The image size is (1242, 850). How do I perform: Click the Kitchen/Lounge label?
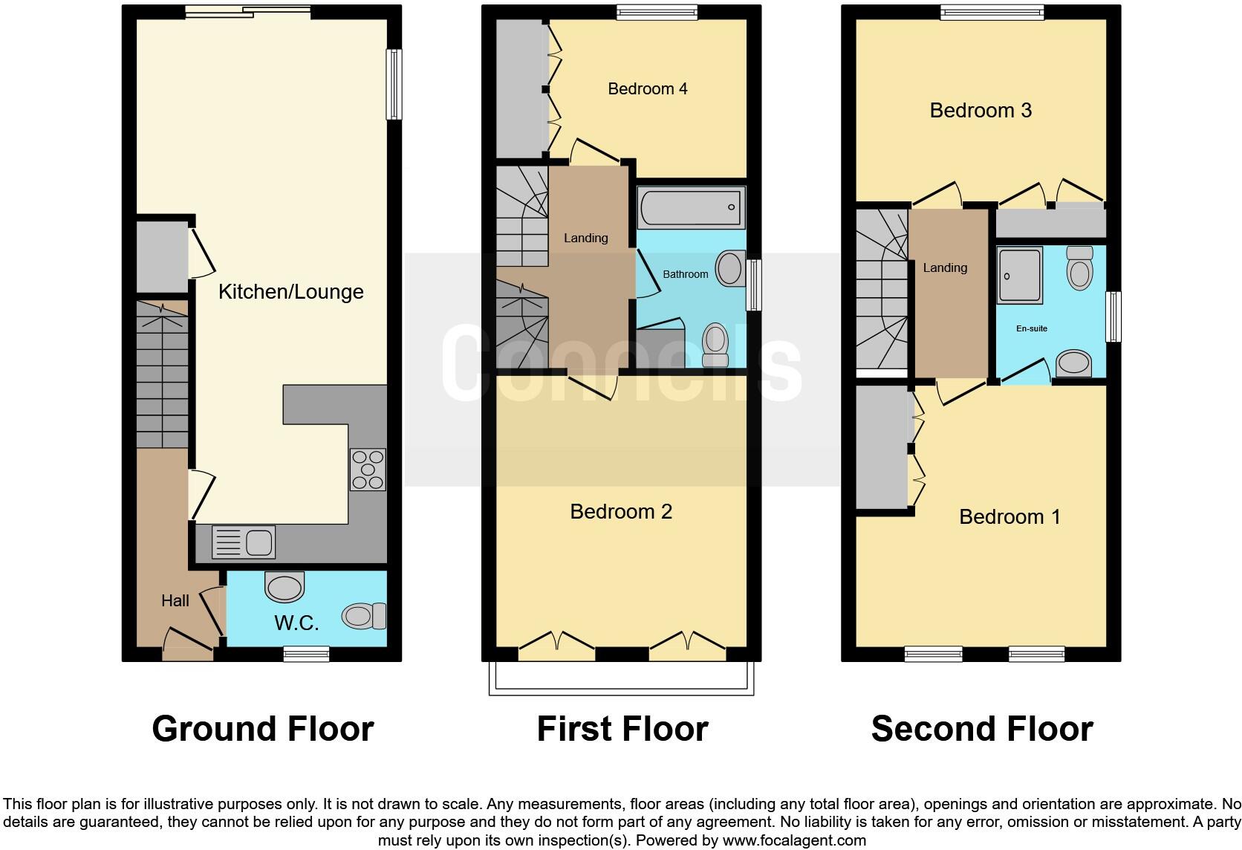[x=290, y=291]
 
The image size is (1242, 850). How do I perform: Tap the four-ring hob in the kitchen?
[x=368, y=470]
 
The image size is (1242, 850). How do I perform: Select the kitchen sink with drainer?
[x=244, y=541]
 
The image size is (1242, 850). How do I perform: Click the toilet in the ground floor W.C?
[x=363, y=615]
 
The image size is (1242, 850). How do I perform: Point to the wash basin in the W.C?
[x=285, y=587]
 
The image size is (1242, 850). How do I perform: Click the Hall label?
[x=175, y=600]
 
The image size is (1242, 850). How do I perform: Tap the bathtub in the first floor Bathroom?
[x=691, y=207]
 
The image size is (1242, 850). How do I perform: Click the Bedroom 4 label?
[x=647, y=89]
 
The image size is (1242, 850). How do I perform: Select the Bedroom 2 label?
[x=621, y=511]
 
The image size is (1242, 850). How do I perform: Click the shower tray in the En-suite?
[x=1019, y=275]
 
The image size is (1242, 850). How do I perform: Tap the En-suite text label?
[x=1032, y=328]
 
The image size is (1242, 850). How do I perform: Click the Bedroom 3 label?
[x=981, y=110]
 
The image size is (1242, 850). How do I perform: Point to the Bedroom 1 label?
[x=1009, y=516]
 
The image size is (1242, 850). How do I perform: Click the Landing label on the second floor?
[x=945, y=267]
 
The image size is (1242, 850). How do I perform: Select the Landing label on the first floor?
[x=585, y=238]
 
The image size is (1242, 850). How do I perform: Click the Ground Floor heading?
[x=262, y=729]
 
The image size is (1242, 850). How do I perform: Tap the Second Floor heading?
[x=981, y=729]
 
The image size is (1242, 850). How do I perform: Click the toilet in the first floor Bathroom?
[x=715, y=341]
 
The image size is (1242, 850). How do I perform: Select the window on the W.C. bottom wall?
[x=306, y=653]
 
